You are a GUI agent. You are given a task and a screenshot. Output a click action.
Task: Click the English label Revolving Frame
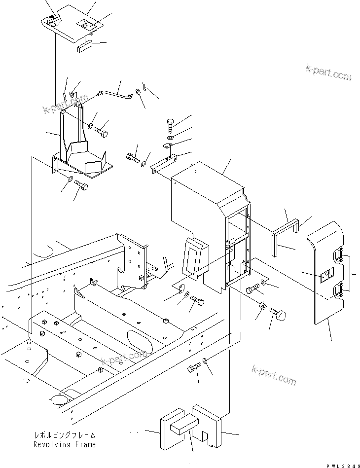pyautogui.click(x=65, y=444)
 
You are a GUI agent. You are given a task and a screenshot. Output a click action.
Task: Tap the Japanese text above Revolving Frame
pyautogui.click(x=65, y=436)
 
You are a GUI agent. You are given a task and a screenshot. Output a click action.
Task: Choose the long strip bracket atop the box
pyautogui.click(x=165, y=163)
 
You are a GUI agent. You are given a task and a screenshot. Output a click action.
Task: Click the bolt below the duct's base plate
pyautogui.click(x=81, y=186)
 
